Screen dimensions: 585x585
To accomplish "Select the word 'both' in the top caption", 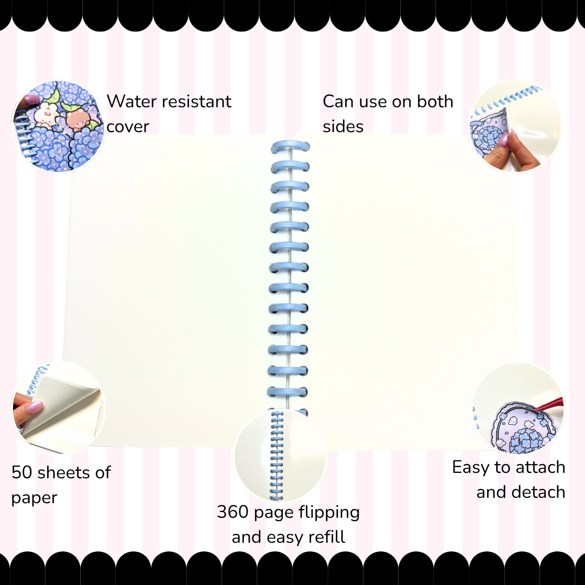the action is point(435,101).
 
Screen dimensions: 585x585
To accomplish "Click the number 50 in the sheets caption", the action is point(22,472).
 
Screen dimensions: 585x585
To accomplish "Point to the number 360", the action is point(233,512).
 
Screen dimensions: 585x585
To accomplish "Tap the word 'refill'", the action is point(325,537).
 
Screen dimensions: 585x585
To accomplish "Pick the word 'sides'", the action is point(343,126).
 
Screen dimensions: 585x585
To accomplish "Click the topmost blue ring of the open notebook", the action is point(290,147).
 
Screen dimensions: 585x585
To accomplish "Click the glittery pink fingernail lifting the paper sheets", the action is point(34,406).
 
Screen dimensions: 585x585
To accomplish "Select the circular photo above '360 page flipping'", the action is point(281,455).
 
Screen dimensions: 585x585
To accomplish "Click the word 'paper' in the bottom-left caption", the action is point(34,498).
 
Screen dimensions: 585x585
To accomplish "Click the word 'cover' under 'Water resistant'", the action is point(128,127).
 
